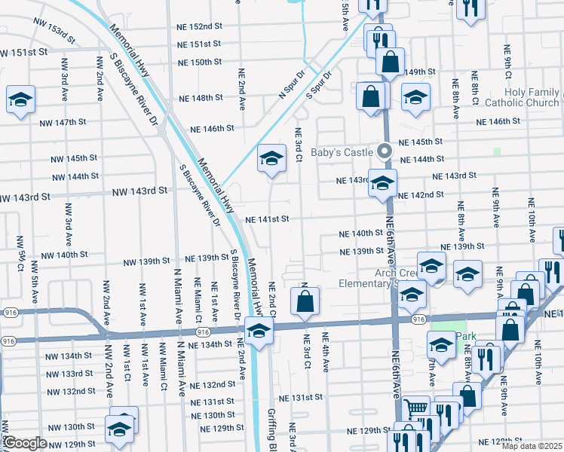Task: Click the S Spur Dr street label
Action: pos(320,85)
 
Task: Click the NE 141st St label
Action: pos(268,220)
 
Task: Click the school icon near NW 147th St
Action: pos(21,99)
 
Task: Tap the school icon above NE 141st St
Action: pos(271,159)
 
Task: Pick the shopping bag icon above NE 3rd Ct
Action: pos(305,302)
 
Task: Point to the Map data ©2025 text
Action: pos(532,446)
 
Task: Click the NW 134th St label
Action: pos(67,356)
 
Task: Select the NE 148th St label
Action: pos(201,98)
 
